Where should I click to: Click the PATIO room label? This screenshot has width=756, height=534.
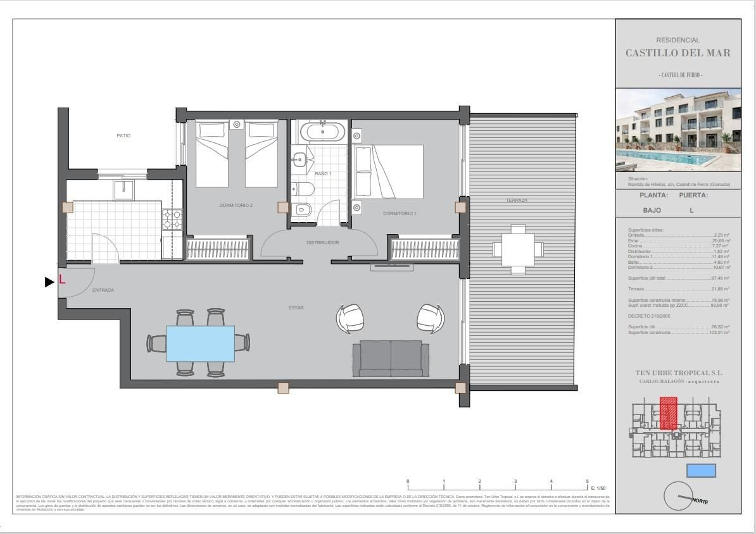123,135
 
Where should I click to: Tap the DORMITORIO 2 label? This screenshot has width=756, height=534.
236,205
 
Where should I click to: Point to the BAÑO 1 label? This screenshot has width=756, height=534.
323,173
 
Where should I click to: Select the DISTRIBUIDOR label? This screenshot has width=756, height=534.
323,242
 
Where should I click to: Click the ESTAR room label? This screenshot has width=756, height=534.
296,308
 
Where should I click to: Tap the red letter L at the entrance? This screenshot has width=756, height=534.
62,279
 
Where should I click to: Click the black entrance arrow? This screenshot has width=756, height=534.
49,282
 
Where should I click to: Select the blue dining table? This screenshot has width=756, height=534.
200,344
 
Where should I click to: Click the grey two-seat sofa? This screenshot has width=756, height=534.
391,357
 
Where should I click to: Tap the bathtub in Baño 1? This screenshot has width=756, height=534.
323,133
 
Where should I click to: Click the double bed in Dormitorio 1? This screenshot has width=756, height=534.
388,171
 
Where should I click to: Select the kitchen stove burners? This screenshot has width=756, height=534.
172,220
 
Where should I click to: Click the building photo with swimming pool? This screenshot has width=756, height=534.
678,131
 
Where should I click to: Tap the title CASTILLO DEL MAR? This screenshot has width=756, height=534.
677,53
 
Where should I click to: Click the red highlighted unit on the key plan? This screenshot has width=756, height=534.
668,413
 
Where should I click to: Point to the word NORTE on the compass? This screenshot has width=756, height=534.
700,501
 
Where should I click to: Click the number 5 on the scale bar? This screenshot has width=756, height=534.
587,481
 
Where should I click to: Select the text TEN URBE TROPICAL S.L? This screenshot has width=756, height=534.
678,373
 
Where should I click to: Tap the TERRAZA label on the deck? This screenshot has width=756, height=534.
517,201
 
